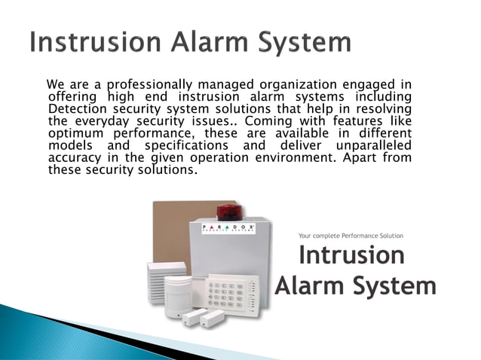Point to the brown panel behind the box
(170, 226)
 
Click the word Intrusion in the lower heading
(351, 255)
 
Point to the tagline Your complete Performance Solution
(351, 236)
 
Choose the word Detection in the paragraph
(76, 108)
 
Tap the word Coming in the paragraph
(266, 121)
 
